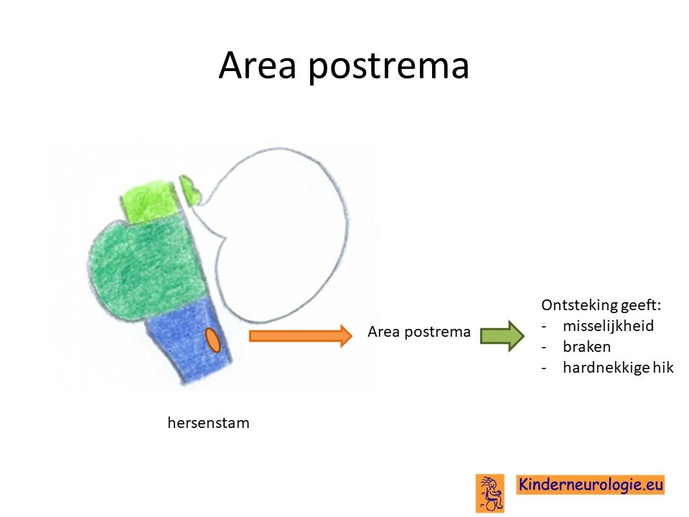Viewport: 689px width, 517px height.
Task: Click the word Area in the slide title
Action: (257, 65)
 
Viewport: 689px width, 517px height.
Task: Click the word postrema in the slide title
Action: (388, 67)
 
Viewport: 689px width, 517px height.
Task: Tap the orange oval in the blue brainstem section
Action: (213, 340)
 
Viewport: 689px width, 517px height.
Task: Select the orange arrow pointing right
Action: (301, 336)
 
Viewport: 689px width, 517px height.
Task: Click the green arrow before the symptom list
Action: (502, 336)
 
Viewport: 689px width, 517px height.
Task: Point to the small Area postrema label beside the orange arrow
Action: (418, 332)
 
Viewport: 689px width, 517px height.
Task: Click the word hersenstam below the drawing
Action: (208, 422)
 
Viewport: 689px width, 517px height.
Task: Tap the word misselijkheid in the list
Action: (608, 326)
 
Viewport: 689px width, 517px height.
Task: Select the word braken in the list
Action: (586, 346)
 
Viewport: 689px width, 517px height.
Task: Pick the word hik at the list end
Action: (662, 367)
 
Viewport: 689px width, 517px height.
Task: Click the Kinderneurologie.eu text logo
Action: (590, 485)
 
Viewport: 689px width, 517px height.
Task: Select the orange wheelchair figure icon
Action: (490, 493)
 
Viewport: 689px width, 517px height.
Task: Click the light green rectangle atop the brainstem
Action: (150, 201)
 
